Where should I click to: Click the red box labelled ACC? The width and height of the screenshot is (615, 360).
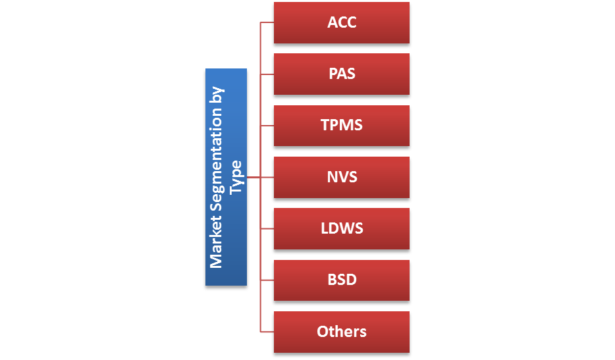[x=341, y=22]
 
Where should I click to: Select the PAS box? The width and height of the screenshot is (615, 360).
[x=341, y=74]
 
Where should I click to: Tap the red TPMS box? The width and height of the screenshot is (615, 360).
[x=341, y=125]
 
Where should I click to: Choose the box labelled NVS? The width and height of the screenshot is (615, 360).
[x=341, y=177]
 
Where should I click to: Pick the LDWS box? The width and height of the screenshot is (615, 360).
[x=341, y=228]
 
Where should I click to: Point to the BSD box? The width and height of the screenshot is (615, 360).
[x=341, y=280]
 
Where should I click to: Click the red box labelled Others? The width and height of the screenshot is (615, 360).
[x=341, y=332]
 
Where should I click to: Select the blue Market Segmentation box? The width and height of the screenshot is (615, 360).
[x=226, y=177]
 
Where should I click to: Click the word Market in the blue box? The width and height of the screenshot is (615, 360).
[x=216, y=243]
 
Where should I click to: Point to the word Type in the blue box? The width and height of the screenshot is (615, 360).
[x=236, y=176]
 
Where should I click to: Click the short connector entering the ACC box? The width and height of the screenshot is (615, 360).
[x=267, y=22]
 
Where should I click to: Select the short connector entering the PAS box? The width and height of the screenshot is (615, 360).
[x=267, y=74]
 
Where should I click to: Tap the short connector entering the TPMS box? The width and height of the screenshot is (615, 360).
[x=267, y=125]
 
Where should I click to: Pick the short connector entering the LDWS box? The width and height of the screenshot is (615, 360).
[x=267, y=228]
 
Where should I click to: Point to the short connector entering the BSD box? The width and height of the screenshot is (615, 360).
[x=267, y=280]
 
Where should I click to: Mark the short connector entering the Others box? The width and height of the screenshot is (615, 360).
[x=267, y=332]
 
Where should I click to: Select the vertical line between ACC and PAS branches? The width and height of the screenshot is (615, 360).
[x=261, y=48]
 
